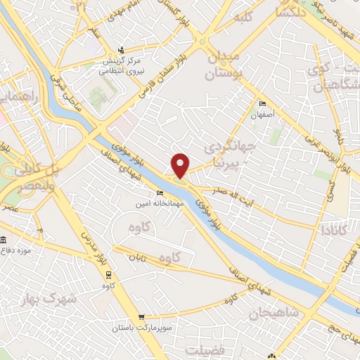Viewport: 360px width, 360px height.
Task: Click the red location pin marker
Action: pyautogui.click(x=181, y=165)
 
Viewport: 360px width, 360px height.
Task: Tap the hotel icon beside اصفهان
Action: pyautogui.click(x=262, y=103)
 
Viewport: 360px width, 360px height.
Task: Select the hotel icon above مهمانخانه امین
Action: pyautogui.click(x=160, y=193)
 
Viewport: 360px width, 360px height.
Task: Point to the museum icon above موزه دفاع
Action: pyautogui.click(x=4, y=240)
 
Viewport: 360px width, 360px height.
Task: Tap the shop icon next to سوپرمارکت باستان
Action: pyautogui.click(x=143, y=318)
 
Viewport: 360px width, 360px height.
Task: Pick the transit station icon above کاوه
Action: pyautogui.click(x=108, y=275)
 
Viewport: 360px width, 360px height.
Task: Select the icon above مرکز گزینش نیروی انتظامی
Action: pyautogui.click(x=121, y=49)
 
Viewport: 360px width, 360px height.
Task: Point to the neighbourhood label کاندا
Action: pyautogui.click(x=333, y=230)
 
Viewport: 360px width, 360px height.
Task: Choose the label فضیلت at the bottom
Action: pyautogui.click(x=206, y=349)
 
